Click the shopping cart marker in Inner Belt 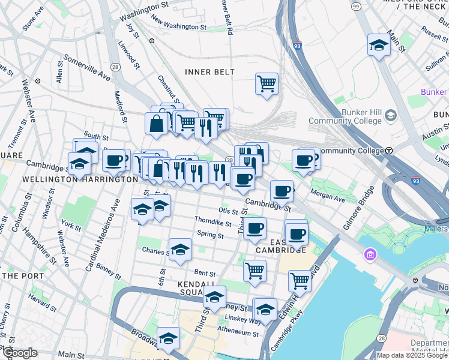coord(267,84)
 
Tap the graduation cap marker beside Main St coord(379,45)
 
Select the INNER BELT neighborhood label coord(209,72)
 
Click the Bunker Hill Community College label coord(345,116)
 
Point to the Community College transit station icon coord(389,150)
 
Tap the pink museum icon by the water coord(369,256)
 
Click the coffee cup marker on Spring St coord(255,228)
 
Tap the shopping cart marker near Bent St coord(255,270)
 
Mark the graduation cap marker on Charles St coord(179,250)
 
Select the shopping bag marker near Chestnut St coord(156,123)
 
